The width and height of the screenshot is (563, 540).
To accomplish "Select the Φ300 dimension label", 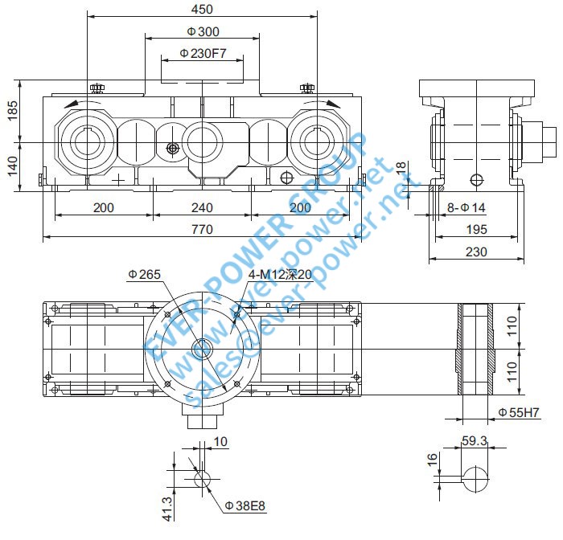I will coord(203,31).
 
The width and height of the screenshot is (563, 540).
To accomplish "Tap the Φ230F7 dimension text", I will coord(202,53).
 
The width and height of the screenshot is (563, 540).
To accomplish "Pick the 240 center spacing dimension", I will coord(202,207).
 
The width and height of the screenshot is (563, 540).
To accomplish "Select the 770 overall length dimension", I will coord(202,230).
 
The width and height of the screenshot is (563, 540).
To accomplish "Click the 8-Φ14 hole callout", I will coord(467,207).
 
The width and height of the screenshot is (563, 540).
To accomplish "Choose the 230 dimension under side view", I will coord(477,252).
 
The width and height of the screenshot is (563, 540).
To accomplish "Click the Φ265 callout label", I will coord(145,275).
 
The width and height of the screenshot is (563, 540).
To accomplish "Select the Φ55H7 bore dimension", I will coord(518,413).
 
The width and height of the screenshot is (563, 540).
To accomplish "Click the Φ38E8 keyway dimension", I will coord(245,505).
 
